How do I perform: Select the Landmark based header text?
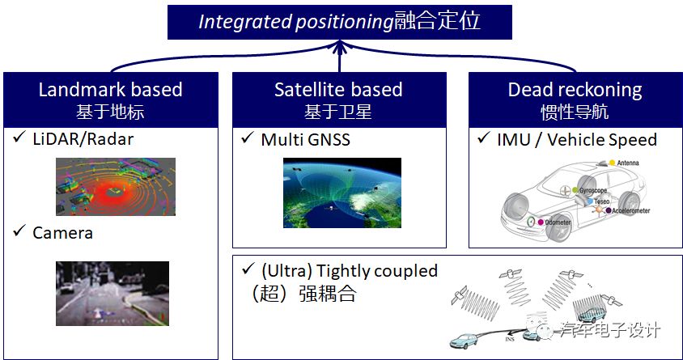[x=110, y=89]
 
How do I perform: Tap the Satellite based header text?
[x=338, y=89]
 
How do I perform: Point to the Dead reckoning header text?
[x=575, y=89]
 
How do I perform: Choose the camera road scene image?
[x=112, y=293]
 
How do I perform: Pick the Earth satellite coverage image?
[x=341, y=193]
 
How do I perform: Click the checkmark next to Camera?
[x=19, y=233]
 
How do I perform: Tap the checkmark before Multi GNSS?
[x=248, y=139]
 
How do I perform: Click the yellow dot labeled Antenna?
[x=612, y=163]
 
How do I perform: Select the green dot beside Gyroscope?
[x=575, y=190]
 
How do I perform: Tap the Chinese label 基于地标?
[x=110, y=111]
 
